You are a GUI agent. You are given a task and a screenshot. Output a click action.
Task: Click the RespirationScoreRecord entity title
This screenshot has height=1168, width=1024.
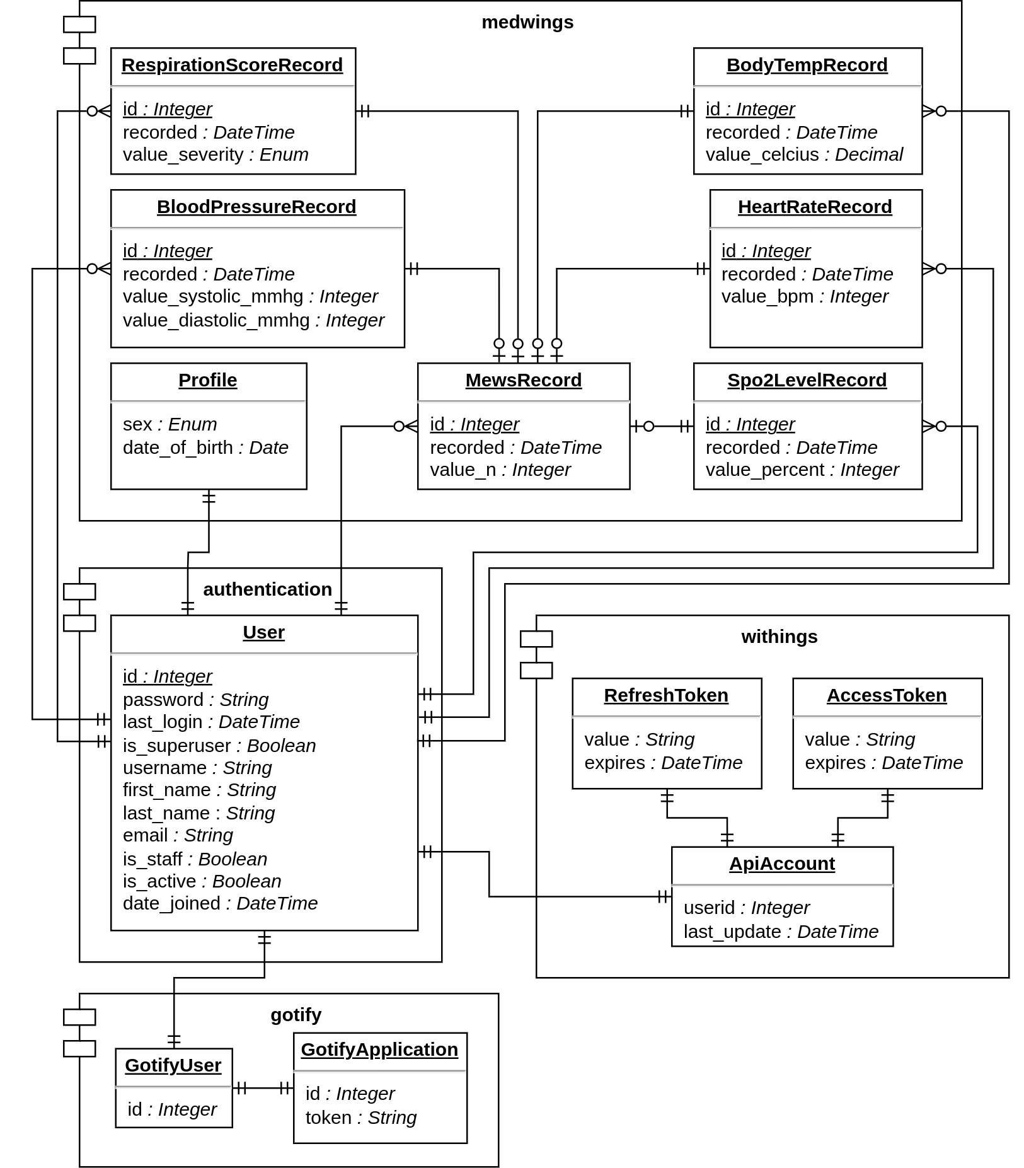232,65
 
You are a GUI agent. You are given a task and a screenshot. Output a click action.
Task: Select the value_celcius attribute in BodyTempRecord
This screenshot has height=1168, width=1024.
804,154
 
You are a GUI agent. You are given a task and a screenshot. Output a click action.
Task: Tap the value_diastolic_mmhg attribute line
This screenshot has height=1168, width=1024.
253,320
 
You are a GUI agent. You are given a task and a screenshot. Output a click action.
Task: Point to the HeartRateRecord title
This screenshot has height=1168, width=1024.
815,207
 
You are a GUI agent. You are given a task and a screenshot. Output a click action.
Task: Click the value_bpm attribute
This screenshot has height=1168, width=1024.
805,296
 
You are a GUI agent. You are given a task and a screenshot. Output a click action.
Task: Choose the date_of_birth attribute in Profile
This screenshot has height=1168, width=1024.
205,448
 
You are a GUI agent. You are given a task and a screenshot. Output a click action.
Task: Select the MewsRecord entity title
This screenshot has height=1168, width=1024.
524,380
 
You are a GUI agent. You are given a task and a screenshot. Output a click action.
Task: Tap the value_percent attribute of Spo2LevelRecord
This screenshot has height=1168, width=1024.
802,470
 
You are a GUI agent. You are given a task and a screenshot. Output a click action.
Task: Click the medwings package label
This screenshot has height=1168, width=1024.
527,22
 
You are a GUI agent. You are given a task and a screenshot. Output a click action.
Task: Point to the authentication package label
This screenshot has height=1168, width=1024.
267,589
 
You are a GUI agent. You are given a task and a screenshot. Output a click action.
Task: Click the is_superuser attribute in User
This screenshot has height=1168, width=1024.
219,746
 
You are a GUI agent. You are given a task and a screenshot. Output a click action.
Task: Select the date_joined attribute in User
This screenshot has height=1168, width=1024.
220,903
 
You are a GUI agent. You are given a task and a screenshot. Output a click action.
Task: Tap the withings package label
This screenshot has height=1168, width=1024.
780,637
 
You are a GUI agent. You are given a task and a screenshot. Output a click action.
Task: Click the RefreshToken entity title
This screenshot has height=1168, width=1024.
666,695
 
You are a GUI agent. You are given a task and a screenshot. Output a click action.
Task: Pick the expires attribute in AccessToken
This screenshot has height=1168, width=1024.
884,763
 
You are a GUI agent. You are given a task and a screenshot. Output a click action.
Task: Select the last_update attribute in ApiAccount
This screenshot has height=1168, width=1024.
781,932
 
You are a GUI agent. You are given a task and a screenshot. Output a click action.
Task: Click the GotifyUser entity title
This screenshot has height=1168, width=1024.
173,1065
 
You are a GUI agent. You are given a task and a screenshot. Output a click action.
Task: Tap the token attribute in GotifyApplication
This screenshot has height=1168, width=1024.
361,1118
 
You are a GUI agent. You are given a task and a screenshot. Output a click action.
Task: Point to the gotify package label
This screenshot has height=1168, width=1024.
296,1015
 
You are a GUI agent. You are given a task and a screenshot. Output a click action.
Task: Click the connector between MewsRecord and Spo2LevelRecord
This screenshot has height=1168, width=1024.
662,427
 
